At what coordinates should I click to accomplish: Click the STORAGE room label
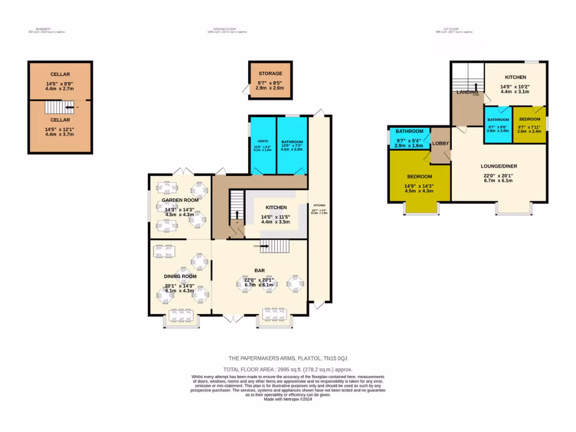click(x=271, y=73)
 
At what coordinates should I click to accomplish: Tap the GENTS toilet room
click(x=263, y=145)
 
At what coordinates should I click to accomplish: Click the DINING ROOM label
click(x=180, y=276)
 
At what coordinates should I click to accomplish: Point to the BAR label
click(x=259, y=270)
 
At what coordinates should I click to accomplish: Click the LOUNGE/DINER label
click(x=498, y=166)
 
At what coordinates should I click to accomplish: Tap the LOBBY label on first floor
click(x=440, y=143)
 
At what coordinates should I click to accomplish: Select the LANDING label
click(x=467, y=92)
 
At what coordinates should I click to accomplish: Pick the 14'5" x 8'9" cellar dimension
click(x=60, y=86)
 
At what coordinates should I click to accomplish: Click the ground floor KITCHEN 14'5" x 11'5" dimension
click(x=275, y=219)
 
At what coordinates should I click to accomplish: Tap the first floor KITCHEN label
click(x=515, y=77)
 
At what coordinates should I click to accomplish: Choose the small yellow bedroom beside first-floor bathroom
click(x=529, y=125)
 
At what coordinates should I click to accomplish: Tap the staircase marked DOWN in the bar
click(x=275, y=246)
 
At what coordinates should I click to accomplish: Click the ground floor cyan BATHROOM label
click(x=292, y=142)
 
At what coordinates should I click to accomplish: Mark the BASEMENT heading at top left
click(x=43, y=29)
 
